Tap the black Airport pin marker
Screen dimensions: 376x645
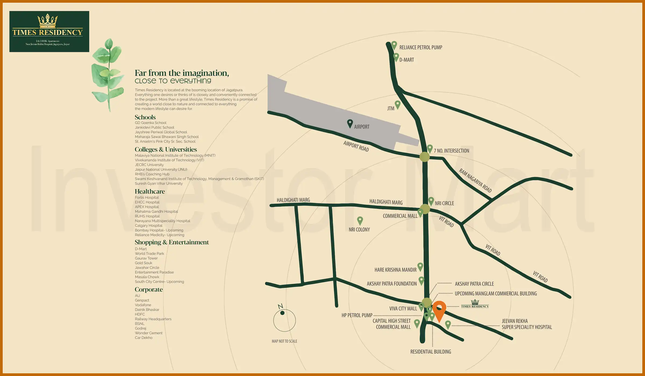pos(350,124)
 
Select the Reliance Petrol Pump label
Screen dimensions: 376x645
pos(421,48)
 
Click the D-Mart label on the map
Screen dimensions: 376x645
pos(406,60)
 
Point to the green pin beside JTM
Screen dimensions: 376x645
pos(397,104)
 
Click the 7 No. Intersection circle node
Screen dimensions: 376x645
pos(425,157)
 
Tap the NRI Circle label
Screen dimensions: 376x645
pos(444,203)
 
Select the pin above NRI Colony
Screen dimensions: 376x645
pos(360,221)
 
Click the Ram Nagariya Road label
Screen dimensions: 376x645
pos(475,180)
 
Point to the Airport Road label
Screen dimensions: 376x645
pos(356,146)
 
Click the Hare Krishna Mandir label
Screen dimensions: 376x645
pos(395,270)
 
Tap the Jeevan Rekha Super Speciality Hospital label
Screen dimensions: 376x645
pos(526,324)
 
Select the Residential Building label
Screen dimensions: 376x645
pos(431,352)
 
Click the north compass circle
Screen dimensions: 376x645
pos(284,320)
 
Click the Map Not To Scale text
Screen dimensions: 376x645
pos(284,341)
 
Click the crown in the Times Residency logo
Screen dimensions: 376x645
pos(48,21)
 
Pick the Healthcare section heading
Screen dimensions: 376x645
pos(150,191)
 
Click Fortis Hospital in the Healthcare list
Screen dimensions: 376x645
pos(147,198)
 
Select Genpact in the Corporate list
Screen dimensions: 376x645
pos(142,300)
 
